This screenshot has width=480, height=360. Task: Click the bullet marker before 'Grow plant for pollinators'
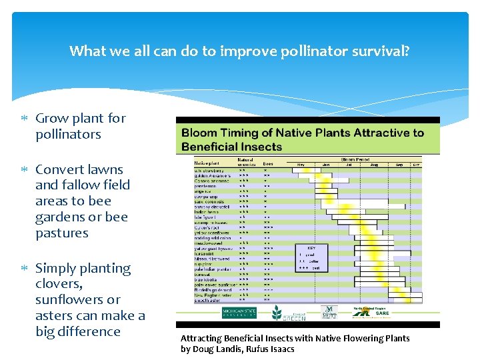pyautogui.click(x=24, y=119)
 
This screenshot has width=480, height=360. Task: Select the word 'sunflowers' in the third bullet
pyautogui.click(x=68, y=299)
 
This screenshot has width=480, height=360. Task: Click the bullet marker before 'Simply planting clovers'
pyautogui.click(x=24, y=269)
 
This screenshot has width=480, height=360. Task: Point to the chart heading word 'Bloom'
pyautogui.click(x=203, y=133)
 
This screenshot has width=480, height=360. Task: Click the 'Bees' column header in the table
pyautogui.click(x=268, y=163)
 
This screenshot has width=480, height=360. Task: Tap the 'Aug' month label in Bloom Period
pyautogui.click(x=373, y=164)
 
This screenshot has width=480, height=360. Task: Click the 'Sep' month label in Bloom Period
pyautogui.click(x=399, y=164)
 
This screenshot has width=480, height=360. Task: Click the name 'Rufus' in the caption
pyautogui.click(x=263, y=349)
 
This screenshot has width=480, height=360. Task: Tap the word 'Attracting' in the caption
pyautogui.click(x=201, y=339)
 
